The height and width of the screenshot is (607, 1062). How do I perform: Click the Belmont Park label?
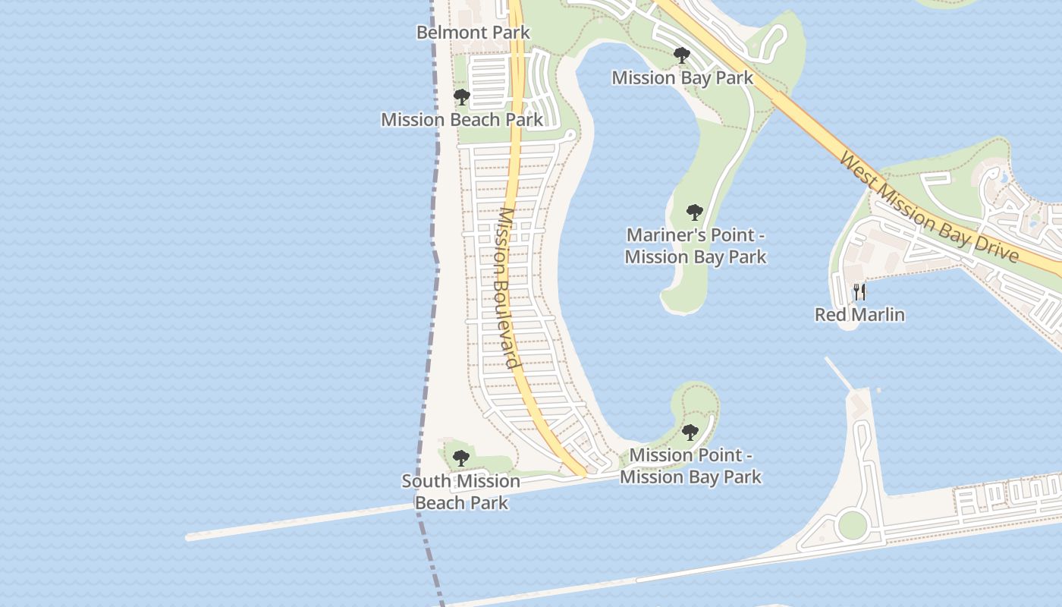click(x=473, y=33)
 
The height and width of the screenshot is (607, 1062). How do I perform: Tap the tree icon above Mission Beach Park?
click(x=461, y=97)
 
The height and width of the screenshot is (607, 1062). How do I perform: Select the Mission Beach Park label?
click(x=462, y=120)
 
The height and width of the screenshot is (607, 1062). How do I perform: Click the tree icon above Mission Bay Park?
click(x=681, y=55)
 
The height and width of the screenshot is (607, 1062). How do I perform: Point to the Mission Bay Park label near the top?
click(x=683, y=77)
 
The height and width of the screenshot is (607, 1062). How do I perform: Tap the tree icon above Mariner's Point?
click(x=694, y=212)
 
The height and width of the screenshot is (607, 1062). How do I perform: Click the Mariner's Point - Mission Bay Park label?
click(x=696, y=246)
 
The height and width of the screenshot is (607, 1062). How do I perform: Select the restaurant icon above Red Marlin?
click(x=859, y=291)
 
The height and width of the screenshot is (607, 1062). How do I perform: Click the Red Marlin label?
click(x=859, y=314)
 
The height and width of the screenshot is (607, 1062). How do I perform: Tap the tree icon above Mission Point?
click(x=690, y=432)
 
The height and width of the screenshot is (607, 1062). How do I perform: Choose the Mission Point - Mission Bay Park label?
click(x=690, y=466)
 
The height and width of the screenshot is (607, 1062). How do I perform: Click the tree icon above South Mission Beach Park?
click(x=460, y=458)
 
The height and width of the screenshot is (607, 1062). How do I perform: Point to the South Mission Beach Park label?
click(x=461, y=492)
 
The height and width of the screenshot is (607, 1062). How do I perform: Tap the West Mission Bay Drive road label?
click(x=929, y=206)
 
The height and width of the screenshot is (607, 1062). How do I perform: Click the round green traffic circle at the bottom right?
click(x=853, y=524)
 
